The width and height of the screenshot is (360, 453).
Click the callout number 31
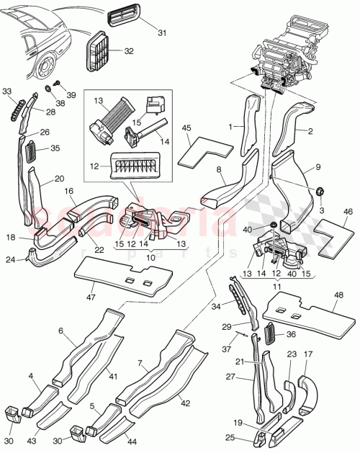[161, 32]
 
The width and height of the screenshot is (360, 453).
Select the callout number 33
[7, 91]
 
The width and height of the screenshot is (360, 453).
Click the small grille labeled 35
[32, 152]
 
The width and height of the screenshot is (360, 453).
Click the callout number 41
[113, 375]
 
